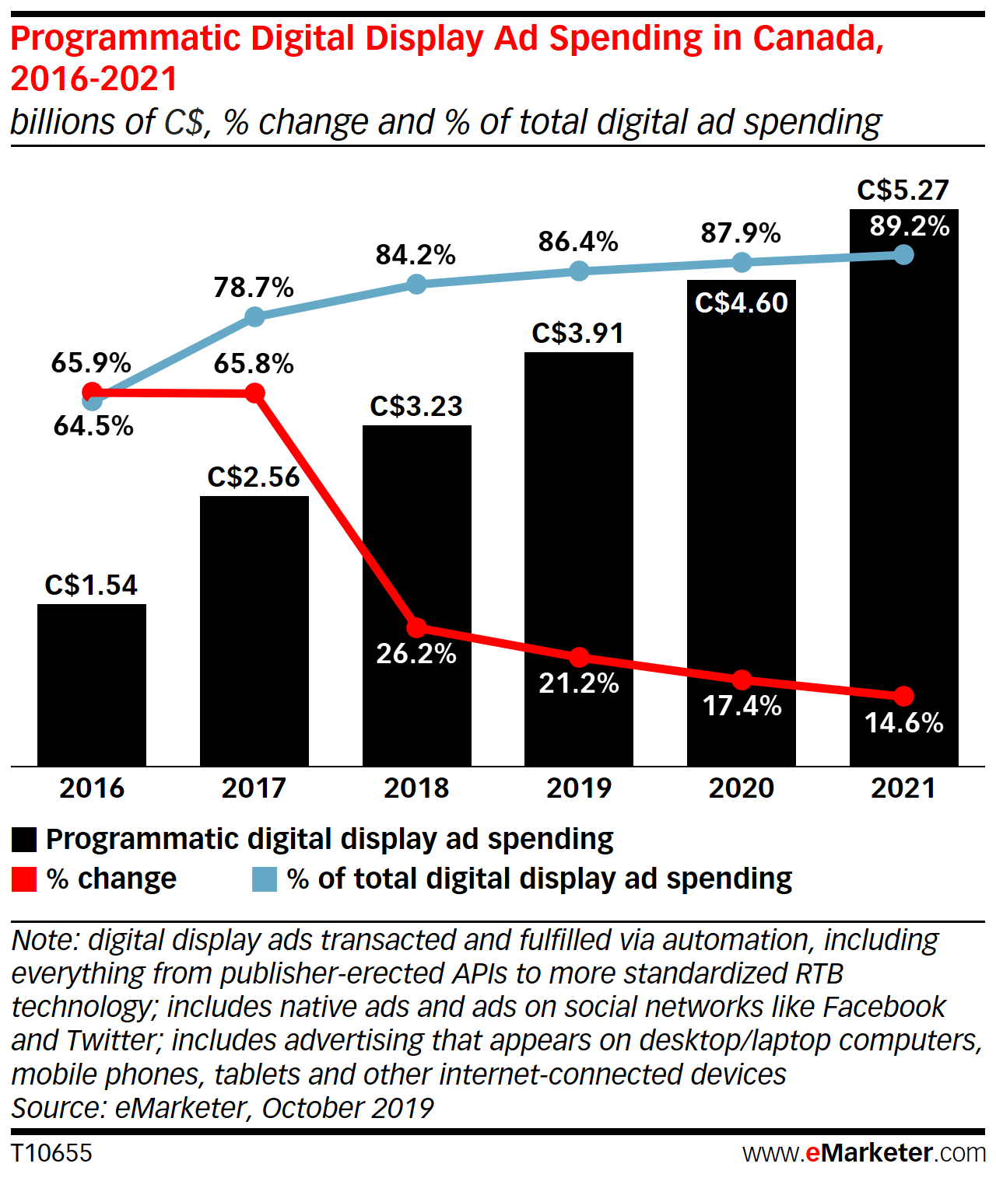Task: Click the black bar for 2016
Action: point(92,684)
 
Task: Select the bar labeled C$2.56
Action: point(254,630)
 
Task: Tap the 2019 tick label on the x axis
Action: point(579,788)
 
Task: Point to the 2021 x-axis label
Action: point(903,788)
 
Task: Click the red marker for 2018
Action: point(417,627)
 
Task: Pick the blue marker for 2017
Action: point(254,316)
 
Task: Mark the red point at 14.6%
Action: point(903,695)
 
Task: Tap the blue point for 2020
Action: point(742,263)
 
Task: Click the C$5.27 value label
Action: point(903,190)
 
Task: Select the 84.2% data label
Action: point(416,255)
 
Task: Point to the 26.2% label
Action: point(416,654)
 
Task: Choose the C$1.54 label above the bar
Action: point(91,585)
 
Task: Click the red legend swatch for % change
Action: point(24,879)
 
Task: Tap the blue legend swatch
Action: point(265,879)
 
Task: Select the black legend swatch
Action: point(24,840)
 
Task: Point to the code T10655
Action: point(51,1153)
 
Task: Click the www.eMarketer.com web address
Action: point(864,1153)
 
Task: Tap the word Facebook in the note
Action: point(884,1007)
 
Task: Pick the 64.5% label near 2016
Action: point(93,426)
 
